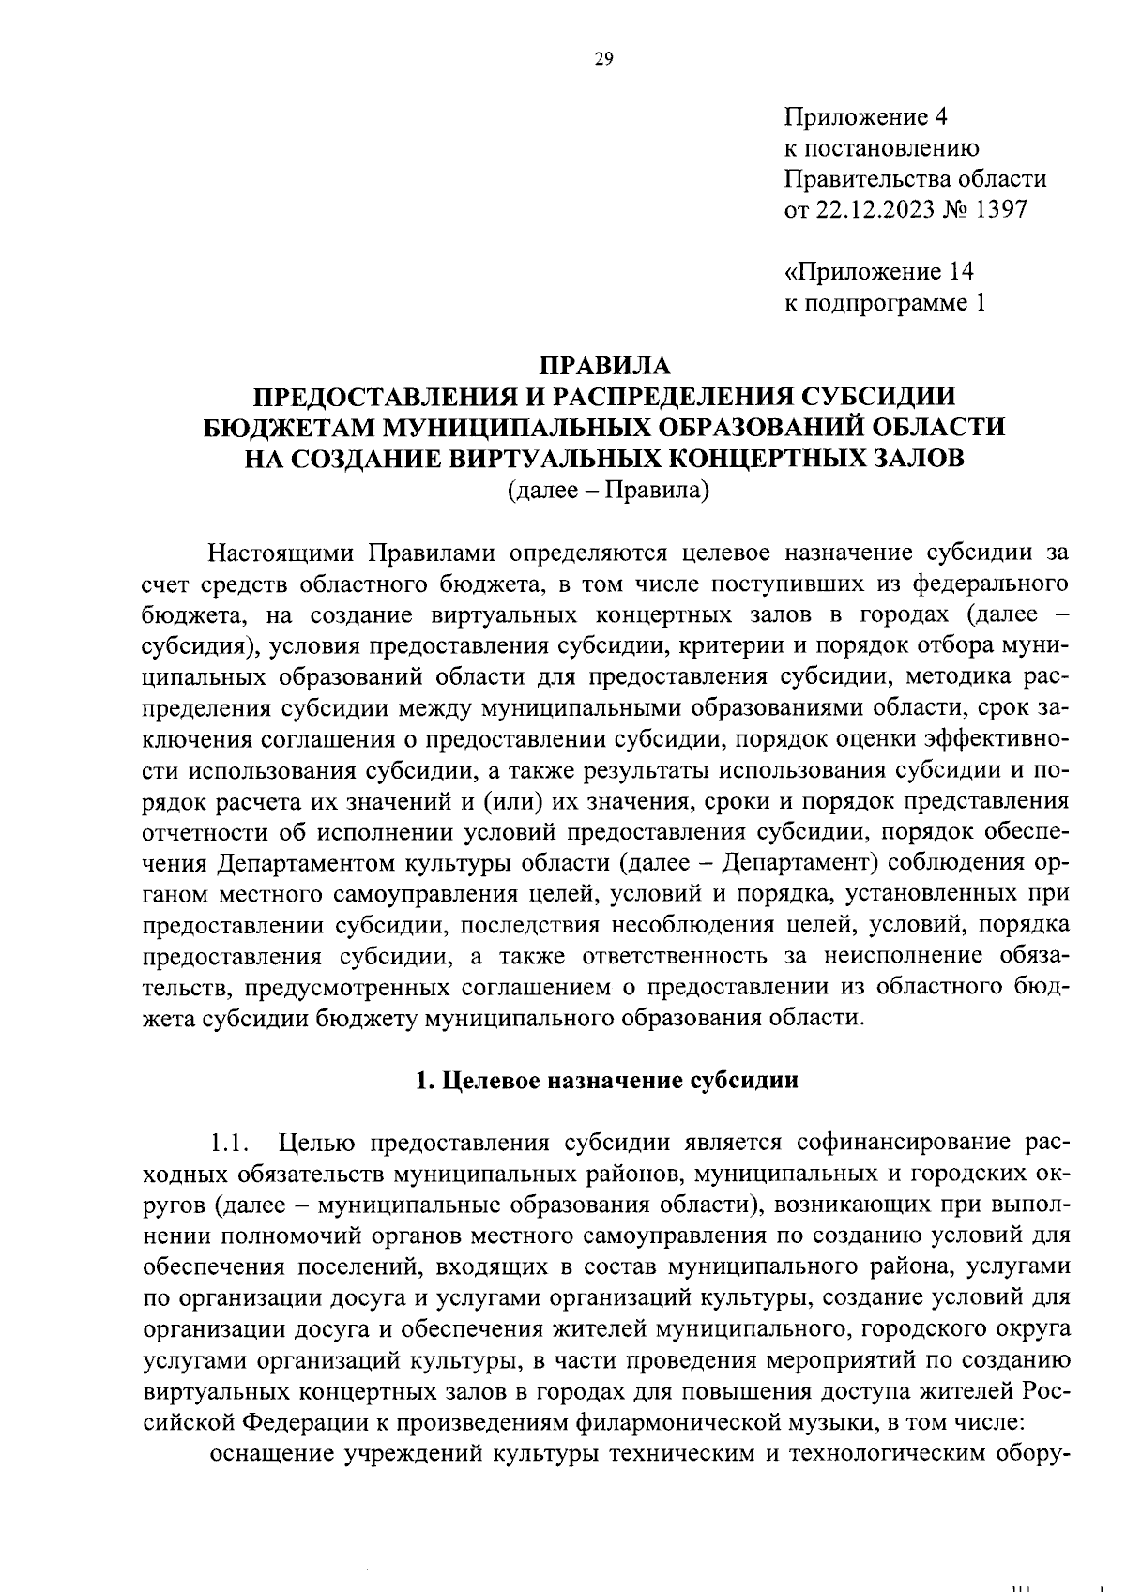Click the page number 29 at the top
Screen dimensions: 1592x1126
[603, 60]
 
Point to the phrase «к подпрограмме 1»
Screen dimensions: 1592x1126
[885, 303]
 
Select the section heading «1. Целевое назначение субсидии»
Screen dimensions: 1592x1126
[606, 1080]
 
